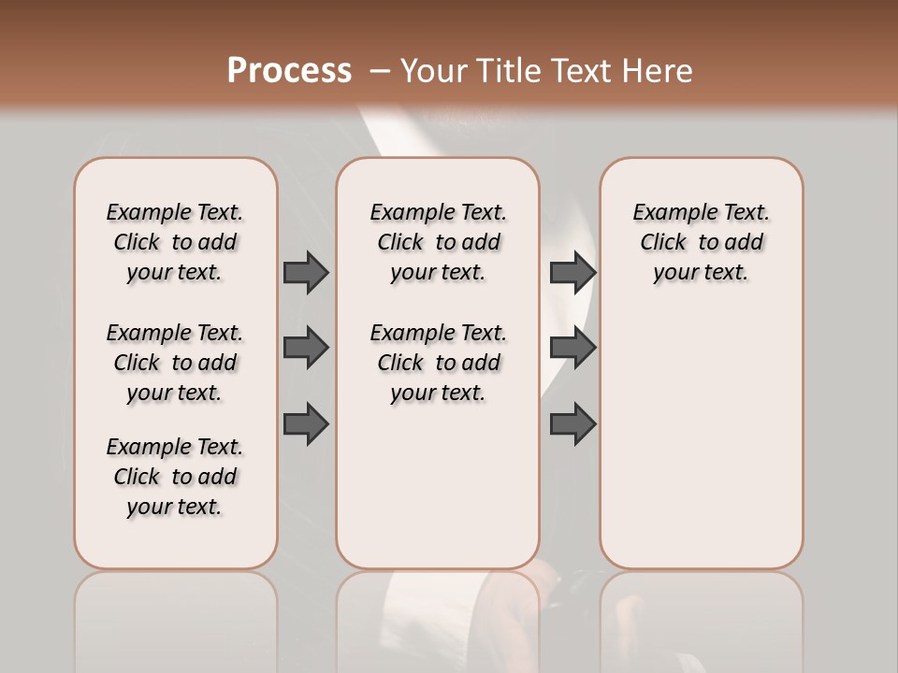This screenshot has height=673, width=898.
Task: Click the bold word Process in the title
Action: point(289,71)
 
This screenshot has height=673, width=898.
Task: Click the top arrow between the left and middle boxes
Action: point(306,272)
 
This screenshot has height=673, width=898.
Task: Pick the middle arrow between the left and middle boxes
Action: point(306,347)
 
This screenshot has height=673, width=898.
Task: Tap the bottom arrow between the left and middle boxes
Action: point(306,423)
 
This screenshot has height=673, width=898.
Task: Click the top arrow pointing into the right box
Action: point(572,272)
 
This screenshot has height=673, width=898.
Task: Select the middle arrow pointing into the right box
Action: point(572,347)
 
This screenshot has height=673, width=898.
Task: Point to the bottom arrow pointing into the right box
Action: point(572,423)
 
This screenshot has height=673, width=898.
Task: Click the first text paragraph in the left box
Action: point(175,242)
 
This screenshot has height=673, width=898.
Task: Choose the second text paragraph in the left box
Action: point(175,363)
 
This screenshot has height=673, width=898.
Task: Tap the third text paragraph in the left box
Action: point(175,477)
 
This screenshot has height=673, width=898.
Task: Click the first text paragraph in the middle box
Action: point(439,242)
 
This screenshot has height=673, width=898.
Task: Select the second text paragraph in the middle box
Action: point(439,363)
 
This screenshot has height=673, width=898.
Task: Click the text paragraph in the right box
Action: point(702,242)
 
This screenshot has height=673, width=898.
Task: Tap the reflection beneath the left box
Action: point(176,617)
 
